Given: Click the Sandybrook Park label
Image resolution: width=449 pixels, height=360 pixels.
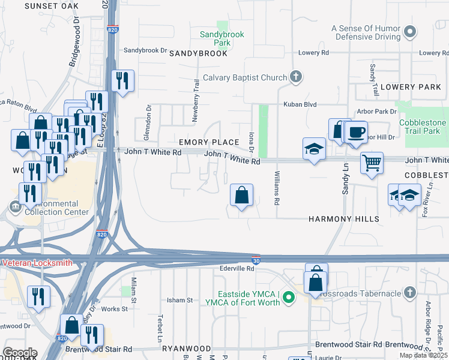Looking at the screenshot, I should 222,39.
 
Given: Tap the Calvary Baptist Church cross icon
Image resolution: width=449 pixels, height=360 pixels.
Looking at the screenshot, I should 295,77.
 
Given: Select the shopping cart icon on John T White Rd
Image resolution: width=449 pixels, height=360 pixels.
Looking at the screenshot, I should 372,162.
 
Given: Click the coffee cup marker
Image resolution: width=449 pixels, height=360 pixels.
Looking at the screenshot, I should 356,132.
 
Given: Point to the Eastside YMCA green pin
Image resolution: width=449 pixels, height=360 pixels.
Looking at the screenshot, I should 289,297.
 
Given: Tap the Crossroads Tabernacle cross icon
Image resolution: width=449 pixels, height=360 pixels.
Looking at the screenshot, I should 409,292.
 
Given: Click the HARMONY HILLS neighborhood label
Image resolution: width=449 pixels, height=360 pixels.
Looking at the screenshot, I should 344,219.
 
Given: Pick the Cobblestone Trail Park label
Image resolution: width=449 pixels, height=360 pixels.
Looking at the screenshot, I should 424,127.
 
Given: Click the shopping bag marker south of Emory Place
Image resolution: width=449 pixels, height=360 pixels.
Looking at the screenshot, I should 241,195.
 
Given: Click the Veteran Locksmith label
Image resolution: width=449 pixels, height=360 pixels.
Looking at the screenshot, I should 37,263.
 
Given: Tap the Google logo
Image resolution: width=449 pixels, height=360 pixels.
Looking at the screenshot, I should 19,353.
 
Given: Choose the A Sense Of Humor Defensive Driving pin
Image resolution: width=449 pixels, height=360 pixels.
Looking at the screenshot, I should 411,31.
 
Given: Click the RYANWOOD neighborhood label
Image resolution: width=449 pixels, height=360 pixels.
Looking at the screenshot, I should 189,349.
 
